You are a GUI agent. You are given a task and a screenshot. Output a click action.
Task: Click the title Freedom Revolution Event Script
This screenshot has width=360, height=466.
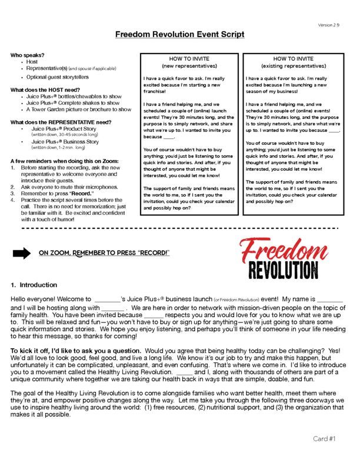click(180, 35)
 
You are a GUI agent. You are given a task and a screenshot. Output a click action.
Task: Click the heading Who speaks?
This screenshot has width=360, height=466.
click(26, 55)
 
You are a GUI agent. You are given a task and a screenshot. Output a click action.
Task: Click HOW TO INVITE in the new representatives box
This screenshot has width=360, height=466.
click(189, 59)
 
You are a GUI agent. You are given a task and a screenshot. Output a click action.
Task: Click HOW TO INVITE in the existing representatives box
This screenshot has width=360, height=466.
click(292, 59)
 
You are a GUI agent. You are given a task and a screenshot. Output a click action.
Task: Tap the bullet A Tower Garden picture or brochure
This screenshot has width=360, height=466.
click(78, 109)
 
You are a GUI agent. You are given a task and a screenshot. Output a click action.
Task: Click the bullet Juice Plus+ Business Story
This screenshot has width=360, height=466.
click(65, 142)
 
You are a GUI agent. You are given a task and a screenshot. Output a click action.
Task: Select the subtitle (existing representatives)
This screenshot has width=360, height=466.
click(292, 66)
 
